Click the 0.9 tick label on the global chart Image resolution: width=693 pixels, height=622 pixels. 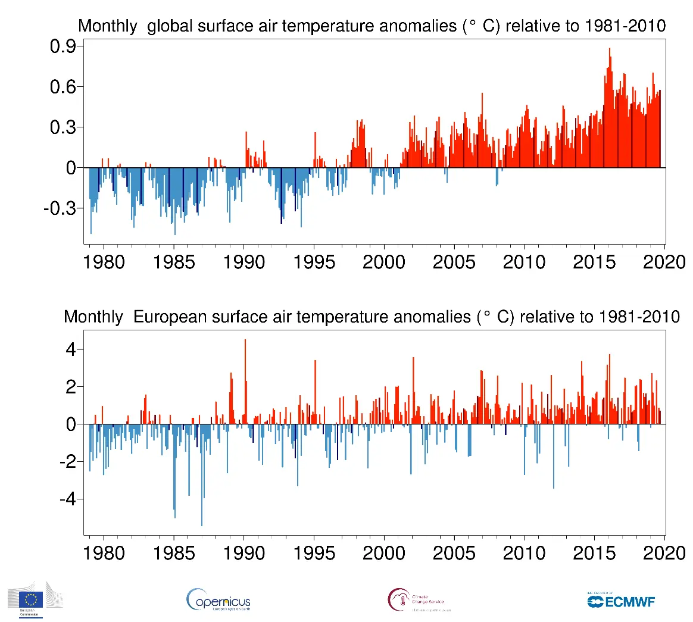tap(63, 46)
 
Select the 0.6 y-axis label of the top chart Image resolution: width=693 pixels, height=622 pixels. tap(63, 87)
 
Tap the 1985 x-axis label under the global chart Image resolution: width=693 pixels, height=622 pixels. tap(174, 262)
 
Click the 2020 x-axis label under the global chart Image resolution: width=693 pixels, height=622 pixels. tap(664, 262)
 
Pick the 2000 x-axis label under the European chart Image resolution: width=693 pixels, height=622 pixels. tap(384, 553)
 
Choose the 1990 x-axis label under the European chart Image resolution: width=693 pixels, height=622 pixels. tap(244, 553)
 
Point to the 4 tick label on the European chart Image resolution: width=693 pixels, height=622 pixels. tap(71, 349)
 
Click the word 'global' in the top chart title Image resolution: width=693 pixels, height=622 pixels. tap(170, 27)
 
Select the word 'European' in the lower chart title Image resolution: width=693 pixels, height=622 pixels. tap(170, 317)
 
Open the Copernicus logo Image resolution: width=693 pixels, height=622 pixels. tap(218, 600)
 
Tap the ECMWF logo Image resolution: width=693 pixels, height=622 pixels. tap(621, 601)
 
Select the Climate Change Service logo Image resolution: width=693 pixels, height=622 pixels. tap(419, 600)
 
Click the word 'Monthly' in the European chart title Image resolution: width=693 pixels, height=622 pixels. tap(93, 317)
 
